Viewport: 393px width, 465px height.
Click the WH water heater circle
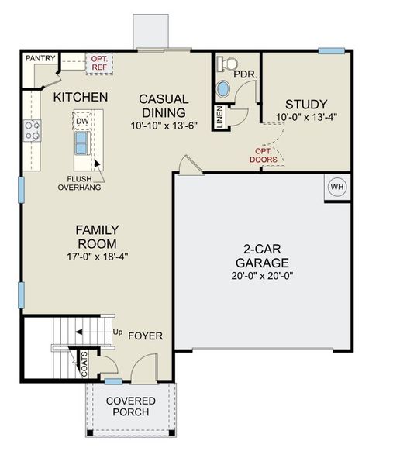[x=336, y=187]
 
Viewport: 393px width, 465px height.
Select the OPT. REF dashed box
[x=99, y=63]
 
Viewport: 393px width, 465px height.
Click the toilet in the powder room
[x=226, y=64]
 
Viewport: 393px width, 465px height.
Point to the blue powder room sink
[x=222, y=88]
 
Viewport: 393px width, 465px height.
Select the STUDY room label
[x=305, y=104]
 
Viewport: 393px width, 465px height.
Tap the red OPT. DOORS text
[x=264, y=155]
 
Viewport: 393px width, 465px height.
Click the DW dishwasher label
[x=81, y=121]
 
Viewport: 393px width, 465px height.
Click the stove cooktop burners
[x=32, y=130]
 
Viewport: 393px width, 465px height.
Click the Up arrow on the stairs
[x=107, y=332]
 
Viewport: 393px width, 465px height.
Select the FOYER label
[x=145, y=336]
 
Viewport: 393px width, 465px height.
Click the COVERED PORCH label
[x=130, y=406]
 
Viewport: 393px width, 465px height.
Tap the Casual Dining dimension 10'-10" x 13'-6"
[x=164, y=125]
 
